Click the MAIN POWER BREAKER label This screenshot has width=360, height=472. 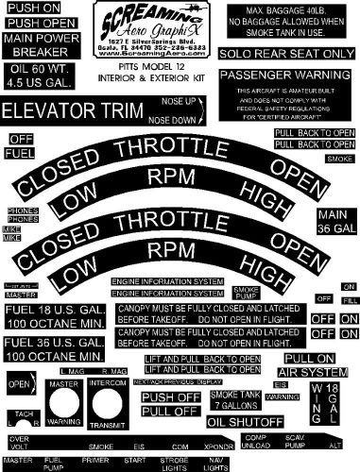[37, 45]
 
